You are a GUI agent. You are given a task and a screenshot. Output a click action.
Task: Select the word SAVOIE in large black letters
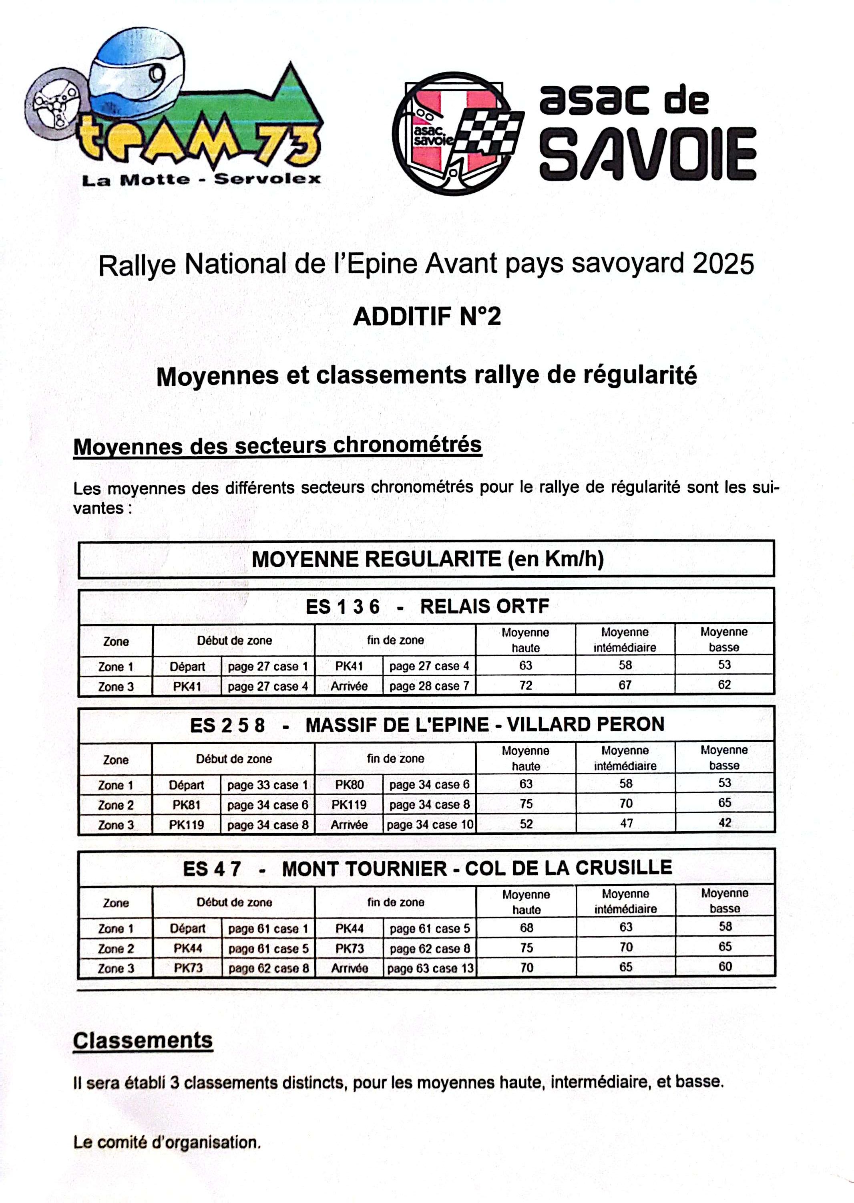click(647, 155)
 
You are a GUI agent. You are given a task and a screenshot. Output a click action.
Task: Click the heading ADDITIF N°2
click(426, 316)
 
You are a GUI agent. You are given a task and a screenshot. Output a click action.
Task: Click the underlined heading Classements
click(143, 1040)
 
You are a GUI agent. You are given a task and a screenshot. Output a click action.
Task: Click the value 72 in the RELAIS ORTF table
click(525, 685)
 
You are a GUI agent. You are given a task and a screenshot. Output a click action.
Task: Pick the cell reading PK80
click(349, 785)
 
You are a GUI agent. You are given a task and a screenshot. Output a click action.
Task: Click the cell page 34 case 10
click(430, 824)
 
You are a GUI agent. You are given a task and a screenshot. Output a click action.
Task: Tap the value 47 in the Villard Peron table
click(626, 823)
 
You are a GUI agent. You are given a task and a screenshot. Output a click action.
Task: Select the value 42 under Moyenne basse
click(725, 823)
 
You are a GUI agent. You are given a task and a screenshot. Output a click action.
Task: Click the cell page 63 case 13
click(430, 968)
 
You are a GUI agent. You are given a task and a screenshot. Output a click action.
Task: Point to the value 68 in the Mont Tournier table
click(526, 928)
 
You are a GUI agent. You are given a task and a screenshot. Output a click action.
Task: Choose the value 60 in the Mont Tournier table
click(725, 966)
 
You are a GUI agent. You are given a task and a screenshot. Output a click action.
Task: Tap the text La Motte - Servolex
click(201, 179)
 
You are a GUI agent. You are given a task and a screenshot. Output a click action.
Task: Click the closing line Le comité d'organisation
click(167, 1143)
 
